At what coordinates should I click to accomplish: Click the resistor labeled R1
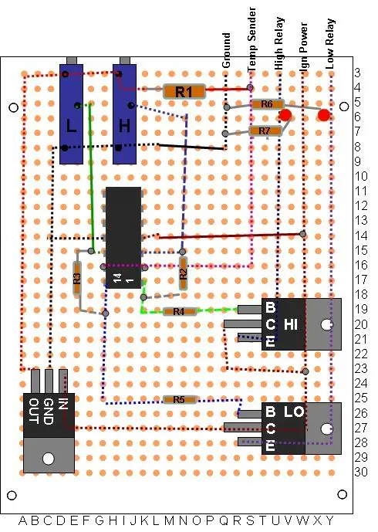click(184, 92)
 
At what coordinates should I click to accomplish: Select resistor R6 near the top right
click(267, 104)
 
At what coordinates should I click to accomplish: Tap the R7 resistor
click(265, 131)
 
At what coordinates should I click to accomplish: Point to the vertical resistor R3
click(77, 279)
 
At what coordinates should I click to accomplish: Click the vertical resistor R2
click(183, 273)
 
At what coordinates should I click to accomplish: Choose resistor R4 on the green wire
click(179, 311)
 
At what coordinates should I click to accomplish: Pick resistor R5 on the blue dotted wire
click(179, 400)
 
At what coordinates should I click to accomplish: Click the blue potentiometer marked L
click(71, 114)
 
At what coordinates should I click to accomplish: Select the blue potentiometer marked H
click(124, 114)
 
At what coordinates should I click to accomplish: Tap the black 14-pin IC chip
click(123, 238)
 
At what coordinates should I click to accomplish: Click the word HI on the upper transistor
click(291, 324)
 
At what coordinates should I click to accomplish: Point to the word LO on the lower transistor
click(294, 412)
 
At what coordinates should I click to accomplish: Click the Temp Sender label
click(251, 39)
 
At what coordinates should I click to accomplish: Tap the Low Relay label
click(330, 44)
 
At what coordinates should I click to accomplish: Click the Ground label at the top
click(226, 50)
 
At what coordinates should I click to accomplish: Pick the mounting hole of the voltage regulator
click(49, 459)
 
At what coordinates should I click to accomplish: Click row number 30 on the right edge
click(361, 472)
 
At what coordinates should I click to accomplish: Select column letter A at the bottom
click(22, 520)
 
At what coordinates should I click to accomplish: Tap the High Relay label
click(278, 43)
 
